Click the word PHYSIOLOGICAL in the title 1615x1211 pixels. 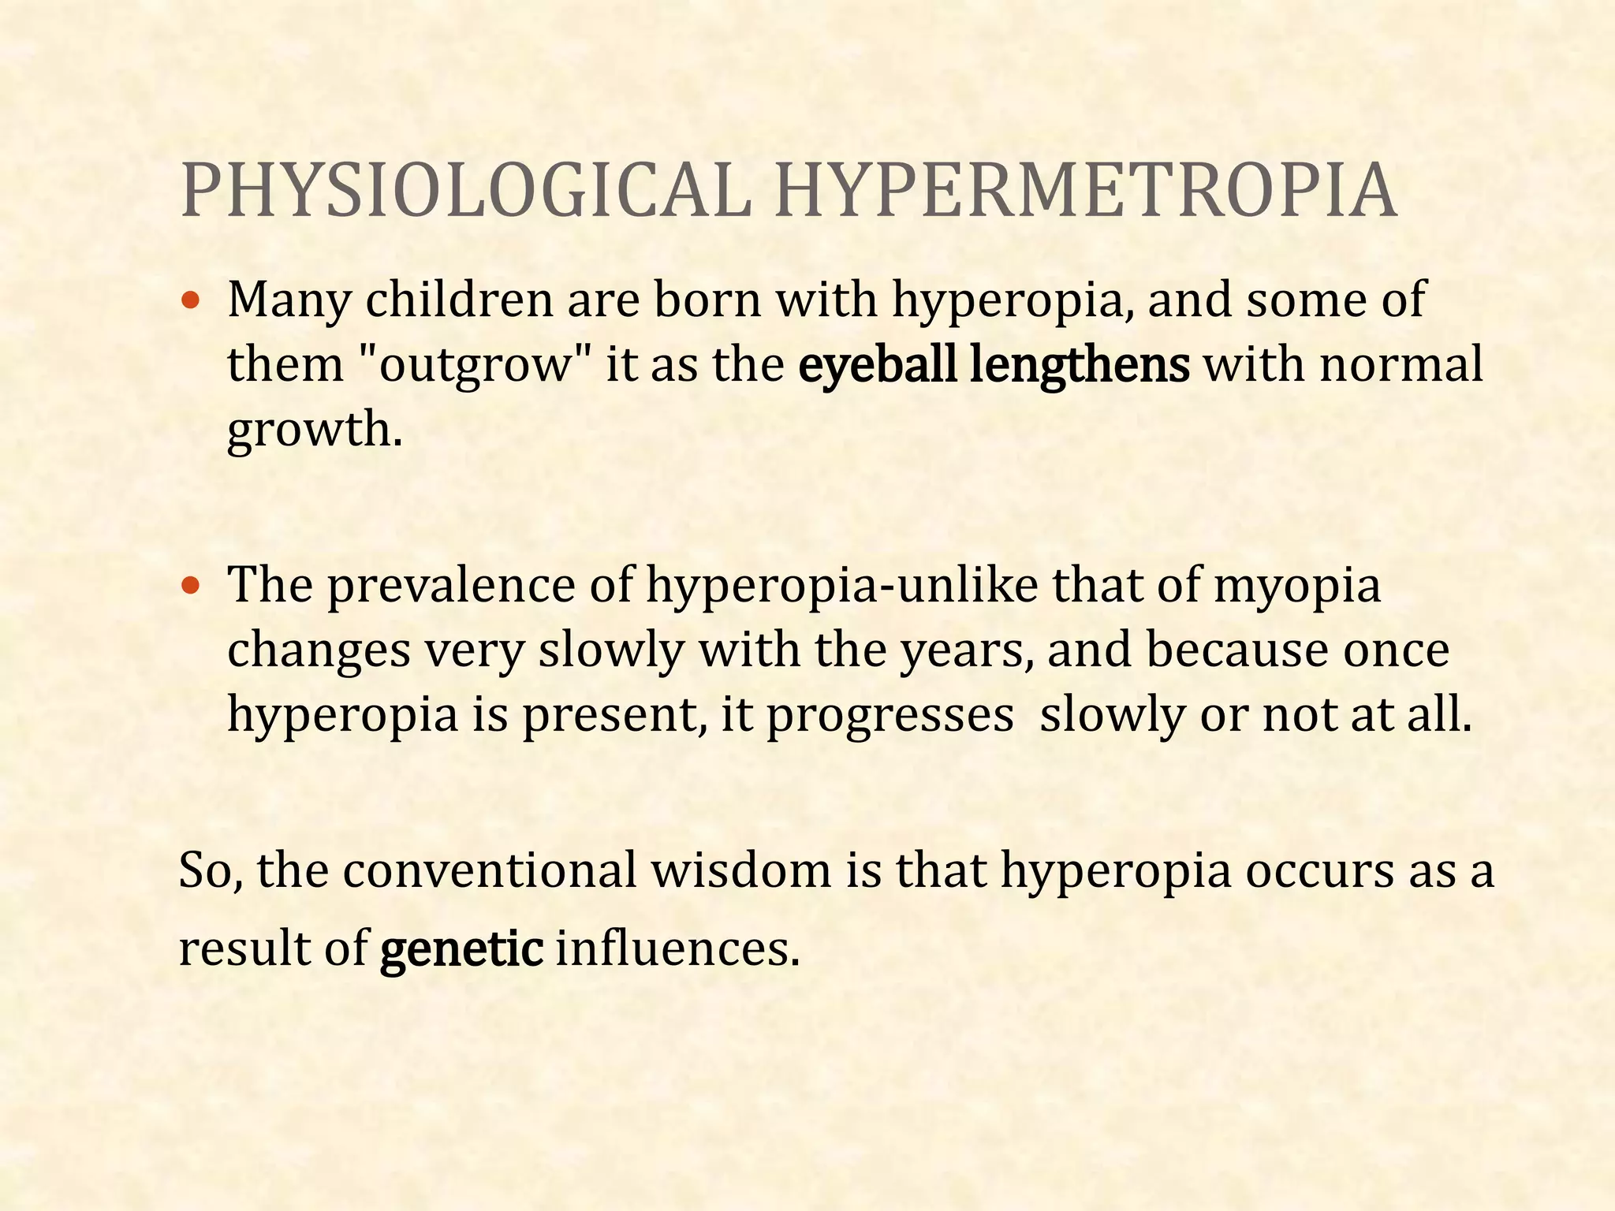click(466, 192)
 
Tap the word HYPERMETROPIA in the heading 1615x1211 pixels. click(1086, 192)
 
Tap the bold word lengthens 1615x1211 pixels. click(1080, 365)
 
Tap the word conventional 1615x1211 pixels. click(490, 871)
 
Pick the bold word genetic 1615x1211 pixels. click(461, 949)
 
